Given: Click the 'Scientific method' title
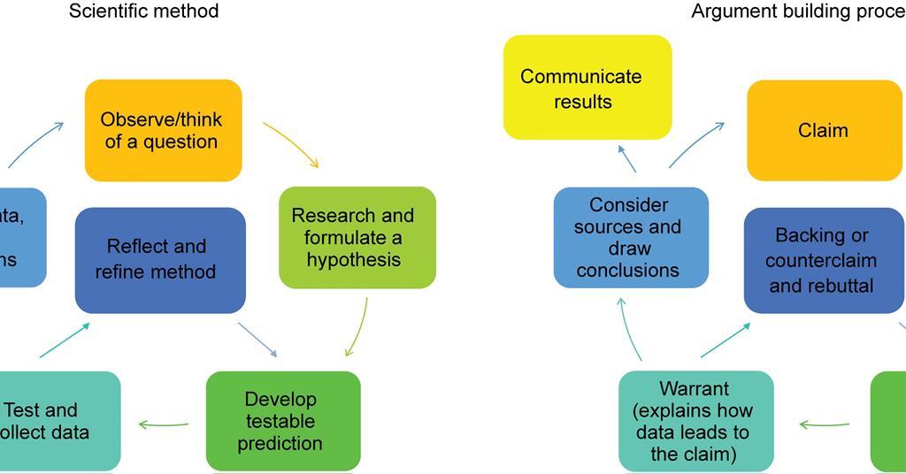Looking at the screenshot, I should tap(144, 11).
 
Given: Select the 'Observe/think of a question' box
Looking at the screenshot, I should tap(163, 131).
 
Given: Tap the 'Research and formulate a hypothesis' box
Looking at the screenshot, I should tap(357, 237).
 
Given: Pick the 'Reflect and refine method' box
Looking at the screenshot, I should tap(160, 259).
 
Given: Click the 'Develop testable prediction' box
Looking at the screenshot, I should tap(283, 421).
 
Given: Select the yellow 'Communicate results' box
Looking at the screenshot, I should tap(587, 88).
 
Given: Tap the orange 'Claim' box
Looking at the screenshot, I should tap(824, 130).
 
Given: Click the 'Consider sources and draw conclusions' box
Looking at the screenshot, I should tap(631, 237).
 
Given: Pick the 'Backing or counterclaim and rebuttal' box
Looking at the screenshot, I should tap(823, 260).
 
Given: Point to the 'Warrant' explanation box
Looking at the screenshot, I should tap(695, 421).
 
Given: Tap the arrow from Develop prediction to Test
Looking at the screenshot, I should tap(164, 425).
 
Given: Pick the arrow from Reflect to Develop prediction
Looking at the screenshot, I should tap(257, 340).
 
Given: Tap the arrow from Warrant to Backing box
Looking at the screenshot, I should tap(725, 340).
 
